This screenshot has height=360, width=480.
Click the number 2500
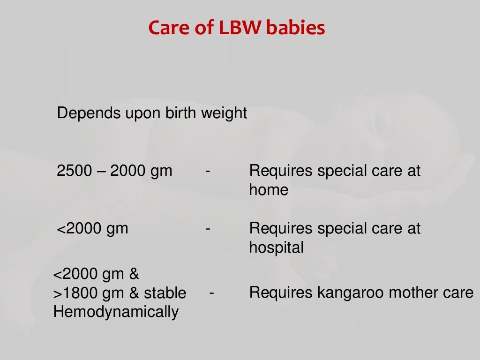click(x=75, y=171)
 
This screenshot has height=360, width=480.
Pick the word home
click(x=269, y=190)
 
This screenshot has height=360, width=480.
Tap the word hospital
click(x=276, y=247)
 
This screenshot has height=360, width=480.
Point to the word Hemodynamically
click(x=116, y=312)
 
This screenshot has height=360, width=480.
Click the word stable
click(x=165, y=293)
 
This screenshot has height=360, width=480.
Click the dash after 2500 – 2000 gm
click(x=207, y=172)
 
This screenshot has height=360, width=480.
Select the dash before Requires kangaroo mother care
click(x=212, y=293)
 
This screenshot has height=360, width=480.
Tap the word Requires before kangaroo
click(x=281, y=293)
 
